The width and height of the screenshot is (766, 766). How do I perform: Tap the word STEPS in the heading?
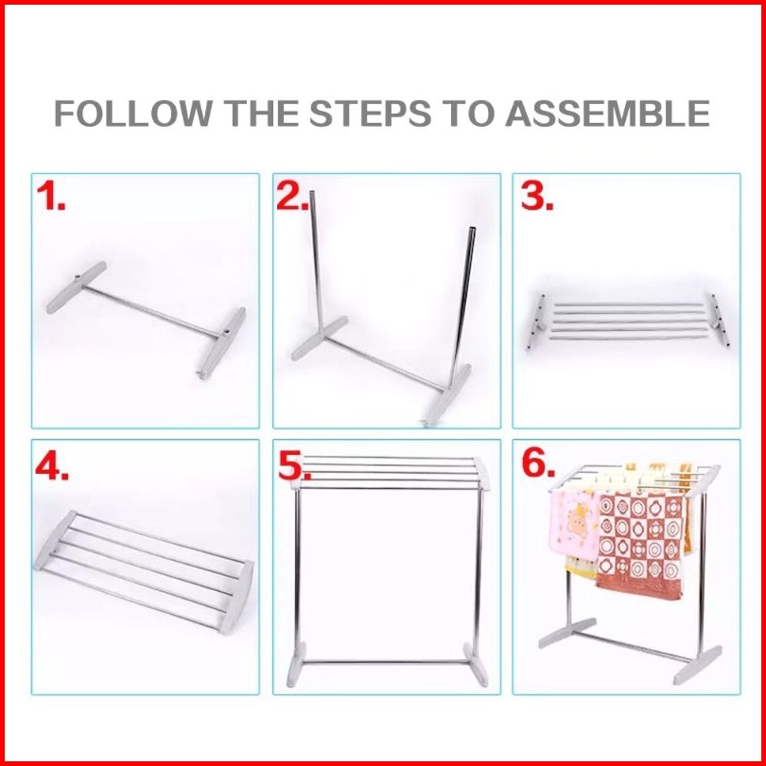click(x=370, y=113)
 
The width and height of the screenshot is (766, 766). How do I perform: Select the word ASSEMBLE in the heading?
click(x=607, y=113)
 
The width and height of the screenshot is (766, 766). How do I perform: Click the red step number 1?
click(x=50, y=196)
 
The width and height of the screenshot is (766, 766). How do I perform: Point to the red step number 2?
click(x=292, y=196)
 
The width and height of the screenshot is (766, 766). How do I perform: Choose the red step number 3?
click(x=537, y=196)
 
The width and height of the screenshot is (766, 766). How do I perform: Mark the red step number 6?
click(x=538, y=462)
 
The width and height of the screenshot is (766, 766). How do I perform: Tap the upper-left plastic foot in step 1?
click(x=77, y=287)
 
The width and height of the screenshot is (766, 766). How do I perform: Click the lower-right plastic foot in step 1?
click(x=222, y=342)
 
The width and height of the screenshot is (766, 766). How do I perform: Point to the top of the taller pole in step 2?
click(x=312, y=193)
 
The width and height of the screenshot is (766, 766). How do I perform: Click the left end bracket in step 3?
click(x=536, y=322)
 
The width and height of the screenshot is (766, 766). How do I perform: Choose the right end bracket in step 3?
click(x=719, y=320)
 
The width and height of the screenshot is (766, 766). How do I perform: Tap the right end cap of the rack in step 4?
click(x=236, y=597)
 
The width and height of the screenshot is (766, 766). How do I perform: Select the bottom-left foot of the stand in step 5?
click(x=296, y=665)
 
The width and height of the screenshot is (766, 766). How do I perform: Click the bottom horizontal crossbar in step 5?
click(x=385, y=662)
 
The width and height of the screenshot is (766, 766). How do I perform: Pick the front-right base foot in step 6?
click(x=697, y=665)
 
